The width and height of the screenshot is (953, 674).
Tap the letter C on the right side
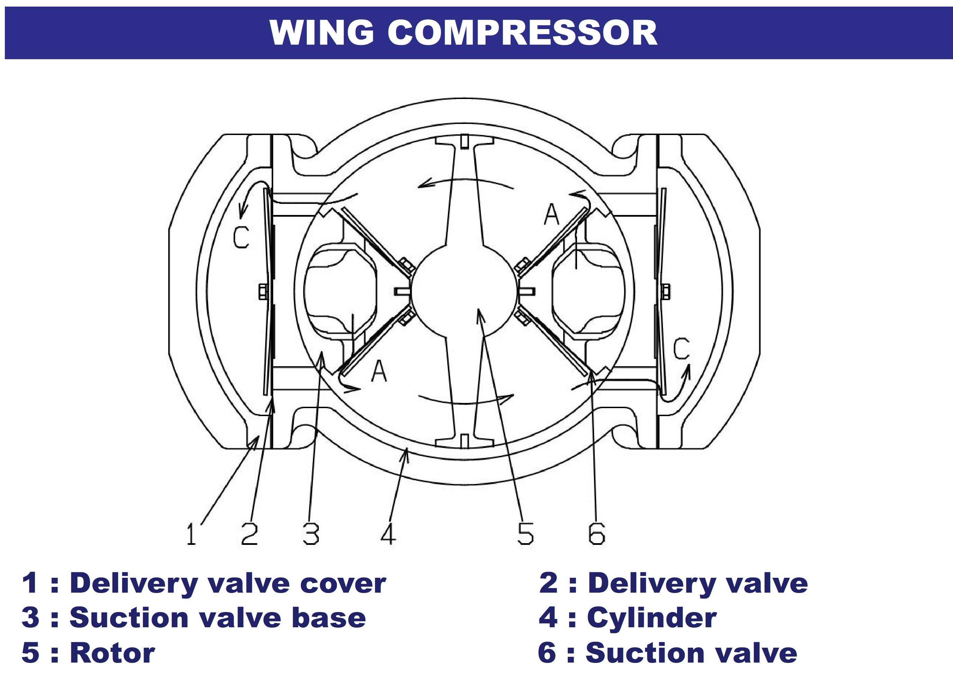pos(681,349)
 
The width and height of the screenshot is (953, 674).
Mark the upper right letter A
pos(552,215)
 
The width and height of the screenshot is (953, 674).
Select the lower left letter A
pos(379,371)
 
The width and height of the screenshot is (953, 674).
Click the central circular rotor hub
pos(465,290)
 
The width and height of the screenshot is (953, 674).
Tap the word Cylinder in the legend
pos(651,618)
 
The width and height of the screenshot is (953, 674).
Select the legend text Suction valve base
pos(217,618)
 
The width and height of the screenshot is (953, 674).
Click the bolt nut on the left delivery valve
pos(263,291)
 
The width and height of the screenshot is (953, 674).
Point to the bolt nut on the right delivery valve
pos(665,291)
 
